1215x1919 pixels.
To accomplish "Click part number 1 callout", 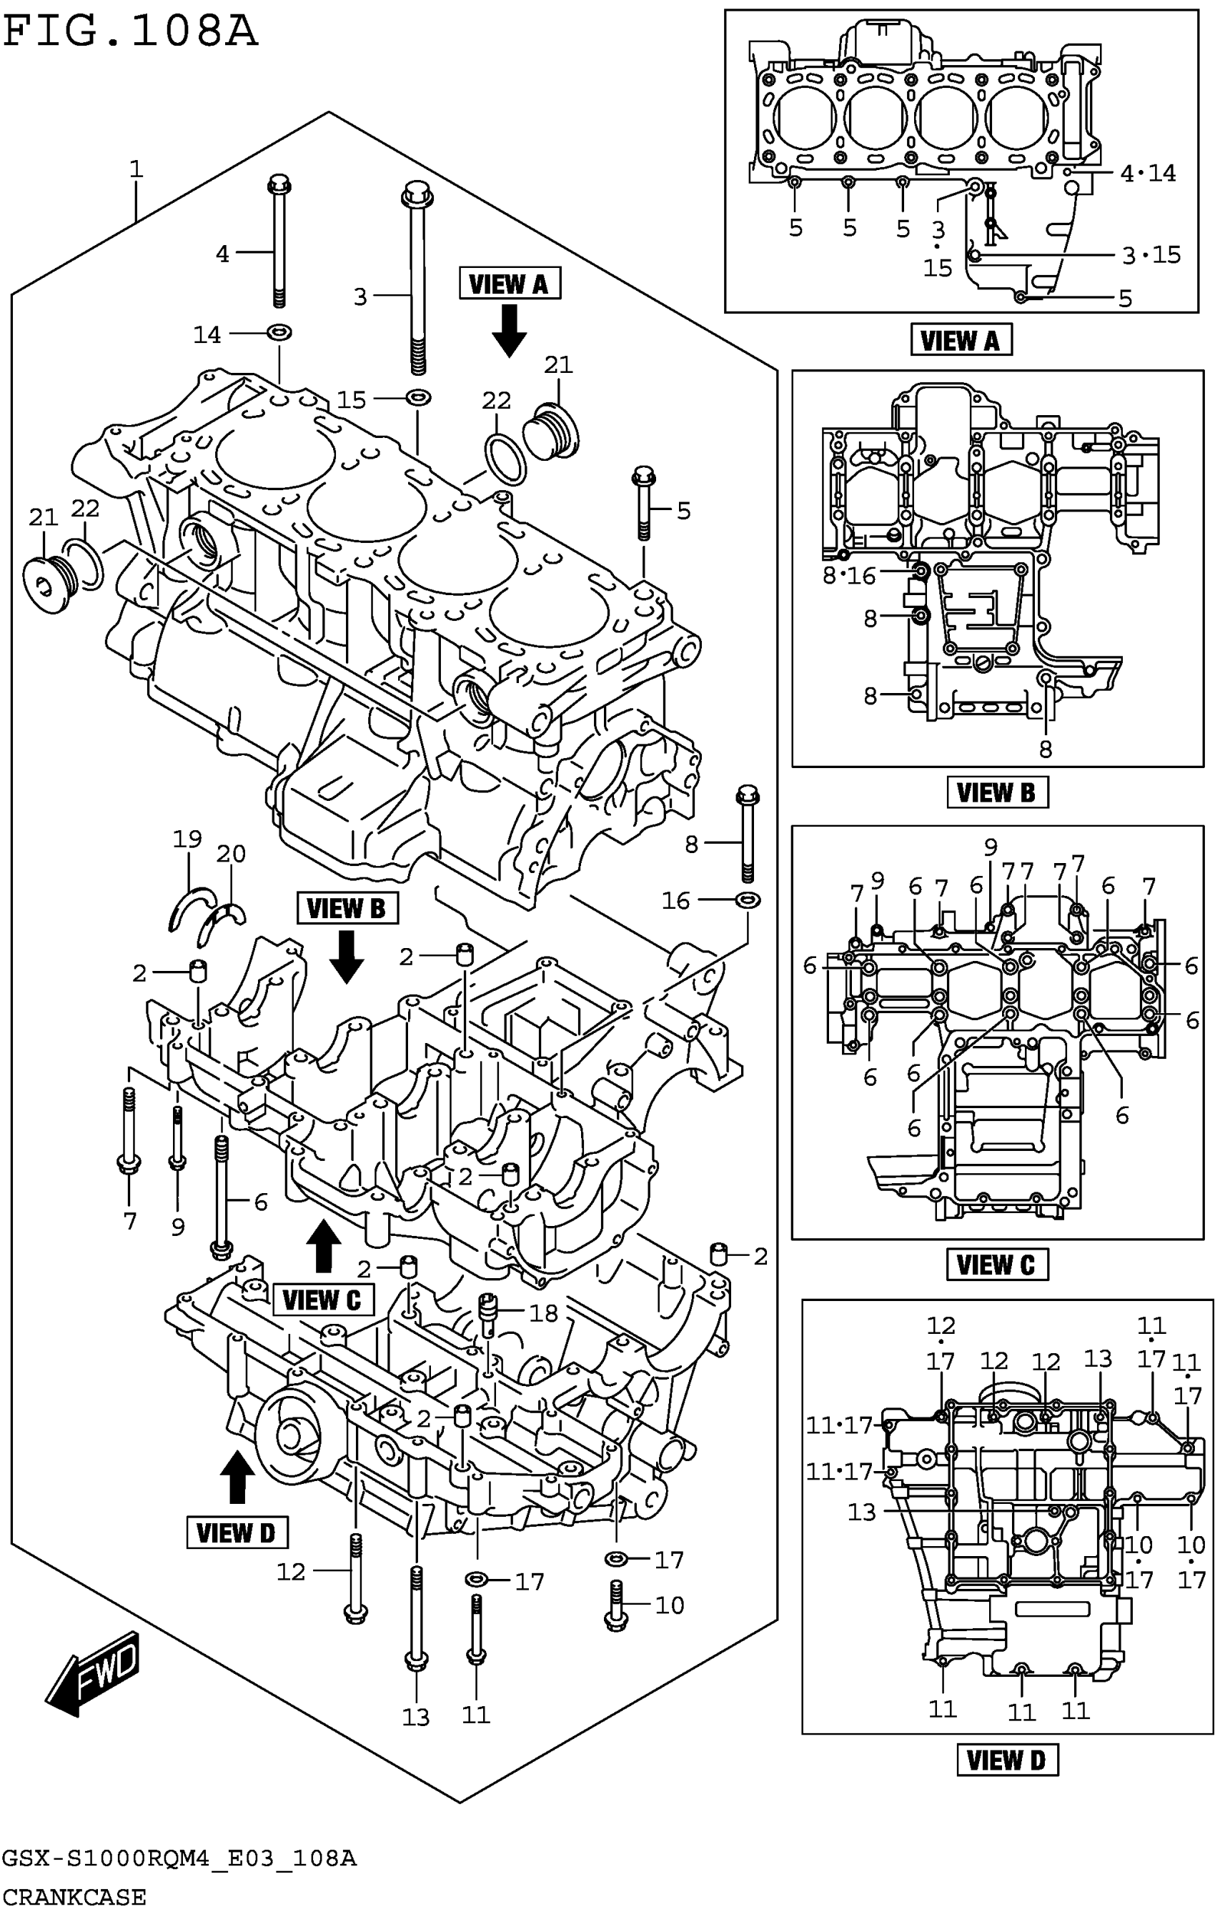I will coord(137,169).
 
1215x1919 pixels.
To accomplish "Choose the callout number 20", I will coord(230,854).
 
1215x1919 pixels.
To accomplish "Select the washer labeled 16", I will coord(747,899).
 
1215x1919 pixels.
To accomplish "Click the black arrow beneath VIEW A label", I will coord(509,331).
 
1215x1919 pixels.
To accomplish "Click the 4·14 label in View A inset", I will coord(1147,173).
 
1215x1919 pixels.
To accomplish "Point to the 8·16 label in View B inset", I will coord(849,574).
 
